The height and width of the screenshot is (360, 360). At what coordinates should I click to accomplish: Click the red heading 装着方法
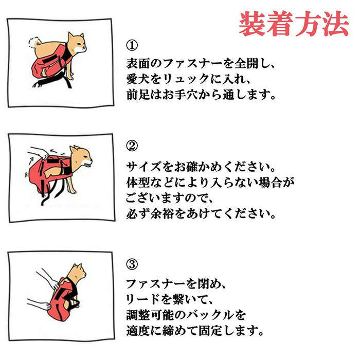294,24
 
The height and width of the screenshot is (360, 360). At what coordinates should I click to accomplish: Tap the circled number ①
132,45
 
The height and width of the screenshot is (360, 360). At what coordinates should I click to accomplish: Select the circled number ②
132,146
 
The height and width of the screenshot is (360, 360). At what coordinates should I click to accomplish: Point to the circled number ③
132,264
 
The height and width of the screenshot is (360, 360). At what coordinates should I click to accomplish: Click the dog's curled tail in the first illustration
34,42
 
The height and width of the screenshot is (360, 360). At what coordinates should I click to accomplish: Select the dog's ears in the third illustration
77,267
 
